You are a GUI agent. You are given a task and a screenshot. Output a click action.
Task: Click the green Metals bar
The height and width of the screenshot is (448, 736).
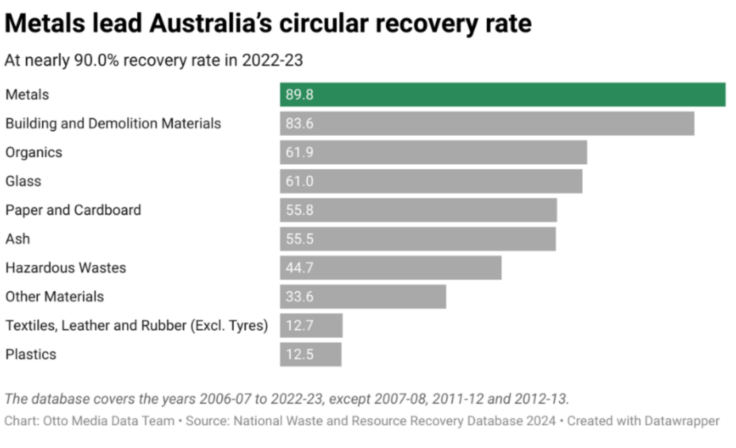tap(503, 94)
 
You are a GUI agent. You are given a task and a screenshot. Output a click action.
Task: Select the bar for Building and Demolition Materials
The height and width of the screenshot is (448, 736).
tap(487, 124)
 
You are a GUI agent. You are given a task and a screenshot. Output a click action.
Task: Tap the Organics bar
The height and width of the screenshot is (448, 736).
tap(433, 152)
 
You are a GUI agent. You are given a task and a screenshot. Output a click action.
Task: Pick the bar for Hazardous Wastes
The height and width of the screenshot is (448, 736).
tap(390, 268)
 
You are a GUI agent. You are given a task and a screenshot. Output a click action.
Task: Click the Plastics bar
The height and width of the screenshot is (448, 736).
tap(310, 354)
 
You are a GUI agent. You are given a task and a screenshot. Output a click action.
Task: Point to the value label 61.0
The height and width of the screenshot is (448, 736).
tap(299, 181)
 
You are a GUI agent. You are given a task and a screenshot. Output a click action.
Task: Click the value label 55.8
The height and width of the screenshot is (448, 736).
tap(299, 210)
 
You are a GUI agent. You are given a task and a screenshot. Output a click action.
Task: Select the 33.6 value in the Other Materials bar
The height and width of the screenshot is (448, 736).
tap(299, 297)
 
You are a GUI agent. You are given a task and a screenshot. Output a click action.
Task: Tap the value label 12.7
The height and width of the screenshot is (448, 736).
tap(299, 325)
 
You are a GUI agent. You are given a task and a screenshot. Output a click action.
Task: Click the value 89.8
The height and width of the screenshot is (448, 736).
tap(299, 94)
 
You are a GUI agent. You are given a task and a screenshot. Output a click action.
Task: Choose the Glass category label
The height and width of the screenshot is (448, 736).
tap(23, 181)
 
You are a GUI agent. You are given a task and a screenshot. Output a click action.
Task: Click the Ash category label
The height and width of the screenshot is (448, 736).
tap(18, 239)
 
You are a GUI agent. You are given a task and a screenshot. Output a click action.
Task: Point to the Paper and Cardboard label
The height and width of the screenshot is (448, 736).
tap(73, 210)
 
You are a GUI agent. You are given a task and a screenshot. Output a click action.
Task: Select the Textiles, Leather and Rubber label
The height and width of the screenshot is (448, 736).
tap(137, 325)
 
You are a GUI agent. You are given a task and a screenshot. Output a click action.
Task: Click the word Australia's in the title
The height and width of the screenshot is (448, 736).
tap(211, 23)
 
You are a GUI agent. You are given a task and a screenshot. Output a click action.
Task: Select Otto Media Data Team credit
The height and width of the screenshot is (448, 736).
tap(109, 421)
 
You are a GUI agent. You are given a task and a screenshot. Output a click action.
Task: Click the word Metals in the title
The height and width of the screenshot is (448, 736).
tap(45, 23)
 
